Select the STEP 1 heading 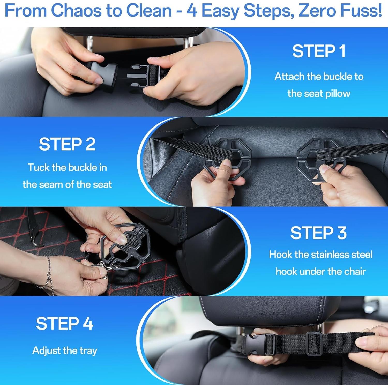(x=319, y=51)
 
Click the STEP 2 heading (x=67, y=144)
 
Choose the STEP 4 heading (x=64, y=324)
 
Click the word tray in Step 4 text (x=88, y=351)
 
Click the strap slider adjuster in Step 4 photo (x=314, y=344)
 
